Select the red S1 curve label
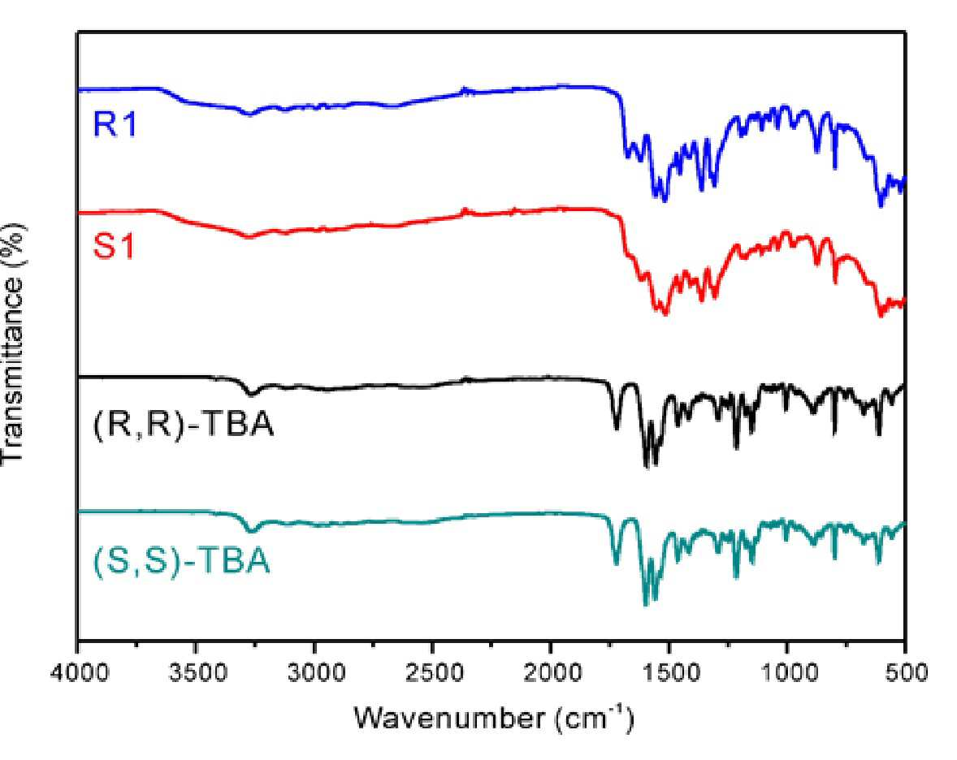click(114, 246)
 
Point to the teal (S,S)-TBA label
click(181, 560)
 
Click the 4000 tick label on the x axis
click(78, 673)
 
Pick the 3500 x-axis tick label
click(196, 673)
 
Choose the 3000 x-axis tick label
click(314, 673)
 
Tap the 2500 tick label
click(432, 673)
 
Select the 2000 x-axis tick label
click(551, 673)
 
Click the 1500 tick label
click(669, 673)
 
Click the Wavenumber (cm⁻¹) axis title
click(495, 718)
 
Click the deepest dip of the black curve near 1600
click(646, 467)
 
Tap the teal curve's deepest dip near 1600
click(646, 605)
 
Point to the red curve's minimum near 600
click(880, 316)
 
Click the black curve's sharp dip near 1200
click(737, 447)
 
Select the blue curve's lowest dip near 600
click(880, 205)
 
